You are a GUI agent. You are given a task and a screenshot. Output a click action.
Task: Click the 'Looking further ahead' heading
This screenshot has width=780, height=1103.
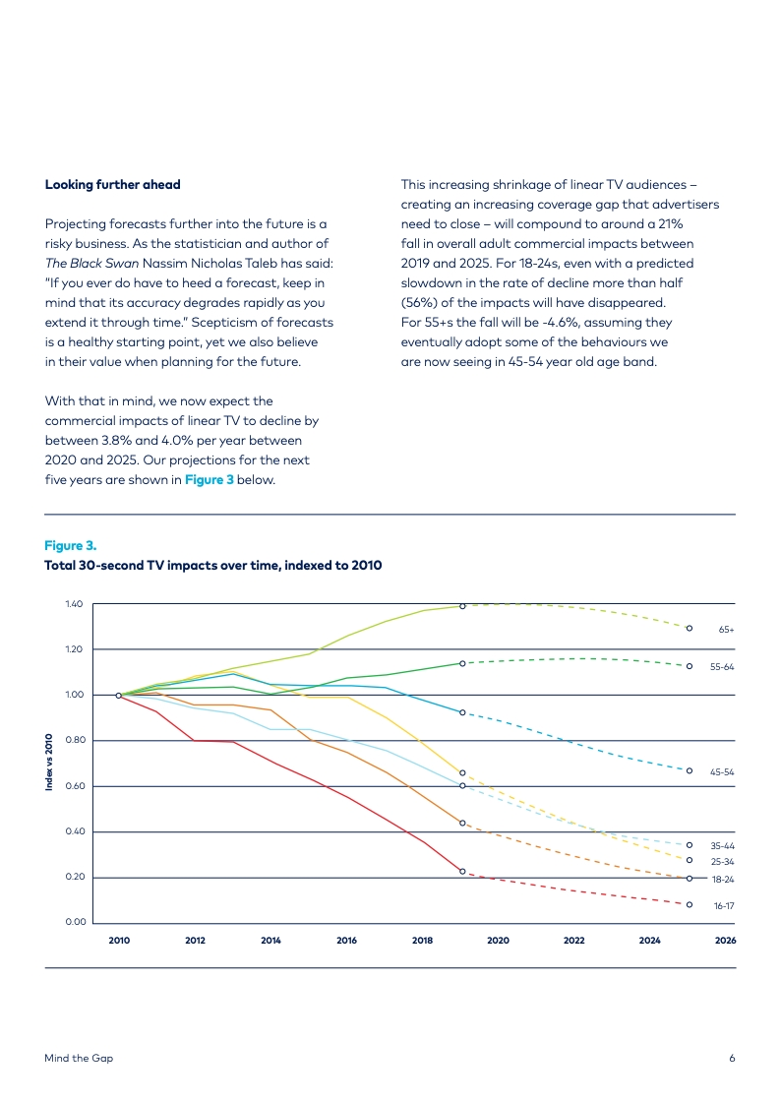coord(112,185)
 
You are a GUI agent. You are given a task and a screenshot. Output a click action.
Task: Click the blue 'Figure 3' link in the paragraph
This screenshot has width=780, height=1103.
coord(209,480)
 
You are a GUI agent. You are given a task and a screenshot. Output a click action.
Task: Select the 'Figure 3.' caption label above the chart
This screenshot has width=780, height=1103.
coord(71,546)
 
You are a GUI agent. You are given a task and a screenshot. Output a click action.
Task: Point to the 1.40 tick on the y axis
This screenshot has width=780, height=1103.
coord(74,604)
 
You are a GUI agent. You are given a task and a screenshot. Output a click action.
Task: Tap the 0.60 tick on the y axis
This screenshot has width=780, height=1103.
coord(75,786)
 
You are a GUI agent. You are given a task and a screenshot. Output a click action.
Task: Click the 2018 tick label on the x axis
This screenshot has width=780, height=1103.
coord(422,941)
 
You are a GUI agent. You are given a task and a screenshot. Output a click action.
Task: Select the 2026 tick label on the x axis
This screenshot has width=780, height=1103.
coord(725,941)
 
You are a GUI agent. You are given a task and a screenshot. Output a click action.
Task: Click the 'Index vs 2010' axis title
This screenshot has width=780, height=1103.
coord(49,763)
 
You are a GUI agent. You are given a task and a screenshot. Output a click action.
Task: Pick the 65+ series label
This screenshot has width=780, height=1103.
coord(727,630)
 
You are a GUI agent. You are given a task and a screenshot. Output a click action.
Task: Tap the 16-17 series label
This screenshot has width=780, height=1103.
coord(724,906)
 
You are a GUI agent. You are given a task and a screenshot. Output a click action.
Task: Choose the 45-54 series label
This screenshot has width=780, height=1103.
coord(722,772)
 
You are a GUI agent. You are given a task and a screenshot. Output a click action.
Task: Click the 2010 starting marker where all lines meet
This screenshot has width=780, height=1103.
coord(118,695)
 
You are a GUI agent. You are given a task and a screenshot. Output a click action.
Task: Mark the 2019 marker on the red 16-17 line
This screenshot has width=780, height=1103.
coord(462,872)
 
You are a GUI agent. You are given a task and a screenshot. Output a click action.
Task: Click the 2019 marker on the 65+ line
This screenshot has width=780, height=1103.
coord(462,606)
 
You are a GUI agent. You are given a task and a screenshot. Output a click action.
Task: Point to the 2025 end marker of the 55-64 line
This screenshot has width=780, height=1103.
coord(690,666)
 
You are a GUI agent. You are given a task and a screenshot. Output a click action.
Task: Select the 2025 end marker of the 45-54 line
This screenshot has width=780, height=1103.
coord(690,771)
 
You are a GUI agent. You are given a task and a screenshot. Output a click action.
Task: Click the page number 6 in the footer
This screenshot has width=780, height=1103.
coord(732,1058)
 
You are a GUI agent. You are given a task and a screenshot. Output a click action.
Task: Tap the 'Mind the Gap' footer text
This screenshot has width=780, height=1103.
coord(79,1058)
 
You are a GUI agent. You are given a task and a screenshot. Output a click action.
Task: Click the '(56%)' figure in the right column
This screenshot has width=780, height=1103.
coord(419,302)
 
